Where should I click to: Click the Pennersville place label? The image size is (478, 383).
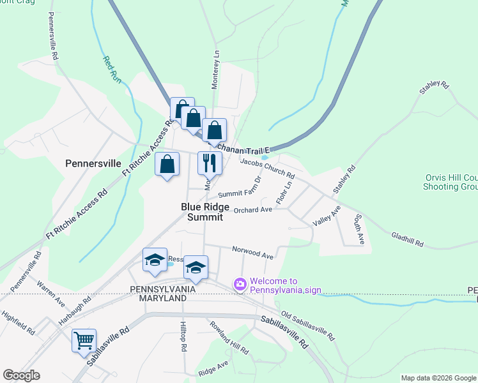pos(93,163)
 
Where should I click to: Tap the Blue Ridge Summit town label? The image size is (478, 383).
pos(202,212)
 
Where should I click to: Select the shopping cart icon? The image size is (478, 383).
pos(84,341)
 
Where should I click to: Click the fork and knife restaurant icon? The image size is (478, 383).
pos(210,163)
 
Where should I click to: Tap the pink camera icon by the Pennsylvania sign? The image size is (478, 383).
pos(240,284)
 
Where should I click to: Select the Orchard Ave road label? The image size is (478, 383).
pos(253,209)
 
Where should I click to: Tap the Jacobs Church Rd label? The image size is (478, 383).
pos(267,168)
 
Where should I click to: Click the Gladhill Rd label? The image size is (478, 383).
pos(407,239)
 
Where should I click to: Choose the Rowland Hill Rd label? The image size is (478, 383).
pos(229,336)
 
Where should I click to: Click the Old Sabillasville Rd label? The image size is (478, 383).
pos(308,325)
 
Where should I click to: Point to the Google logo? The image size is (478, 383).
pos(21,375)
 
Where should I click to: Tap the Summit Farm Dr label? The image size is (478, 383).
pos(240,190)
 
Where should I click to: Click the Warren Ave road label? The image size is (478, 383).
pos(50,292)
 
